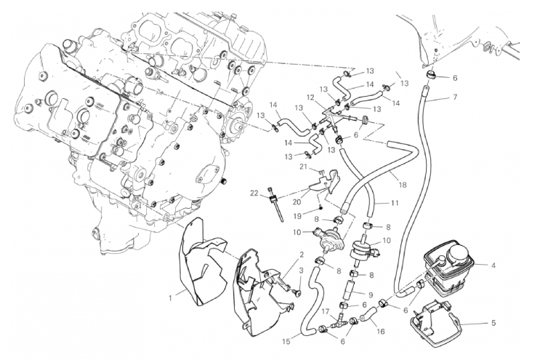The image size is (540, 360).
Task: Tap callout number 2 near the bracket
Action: click(x=299, y=254)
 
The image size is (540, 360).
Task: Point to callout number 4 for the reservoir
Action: click(x=493, y=265)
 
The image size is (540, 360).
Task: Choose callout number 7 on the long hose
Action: click(x=454, y=97)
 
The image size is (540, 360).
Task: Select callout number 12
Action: click(x=309, y=97)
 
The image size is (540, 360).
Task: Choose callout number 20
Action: click(x=297, y=202)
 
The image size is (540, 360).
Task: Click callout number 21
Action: click(x=303, y=167)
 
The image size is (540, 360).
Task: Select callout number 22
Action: click(x=255, y=192)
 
